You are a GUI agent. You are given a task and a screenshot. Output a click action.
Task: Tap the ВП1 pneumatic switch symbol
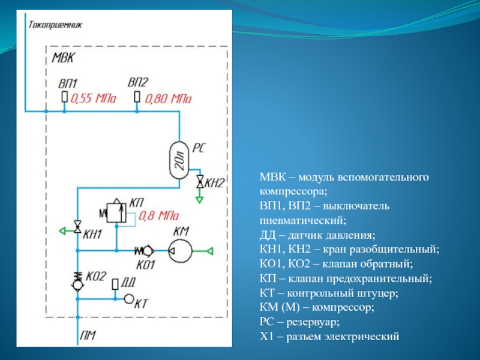coord(65,97)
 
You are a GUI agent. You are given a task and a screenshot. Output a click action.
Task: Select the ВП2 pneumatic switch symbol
coord(137,97)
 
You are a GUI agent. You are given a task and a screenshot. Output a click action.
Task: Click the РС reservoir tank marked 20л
coord(179,159)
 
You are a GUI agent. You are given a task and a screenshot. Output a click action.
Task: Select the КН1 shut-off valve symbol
coord(77,227)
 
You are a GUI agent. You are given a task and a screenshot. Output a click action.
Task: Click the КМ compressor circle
coord(179,250)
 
